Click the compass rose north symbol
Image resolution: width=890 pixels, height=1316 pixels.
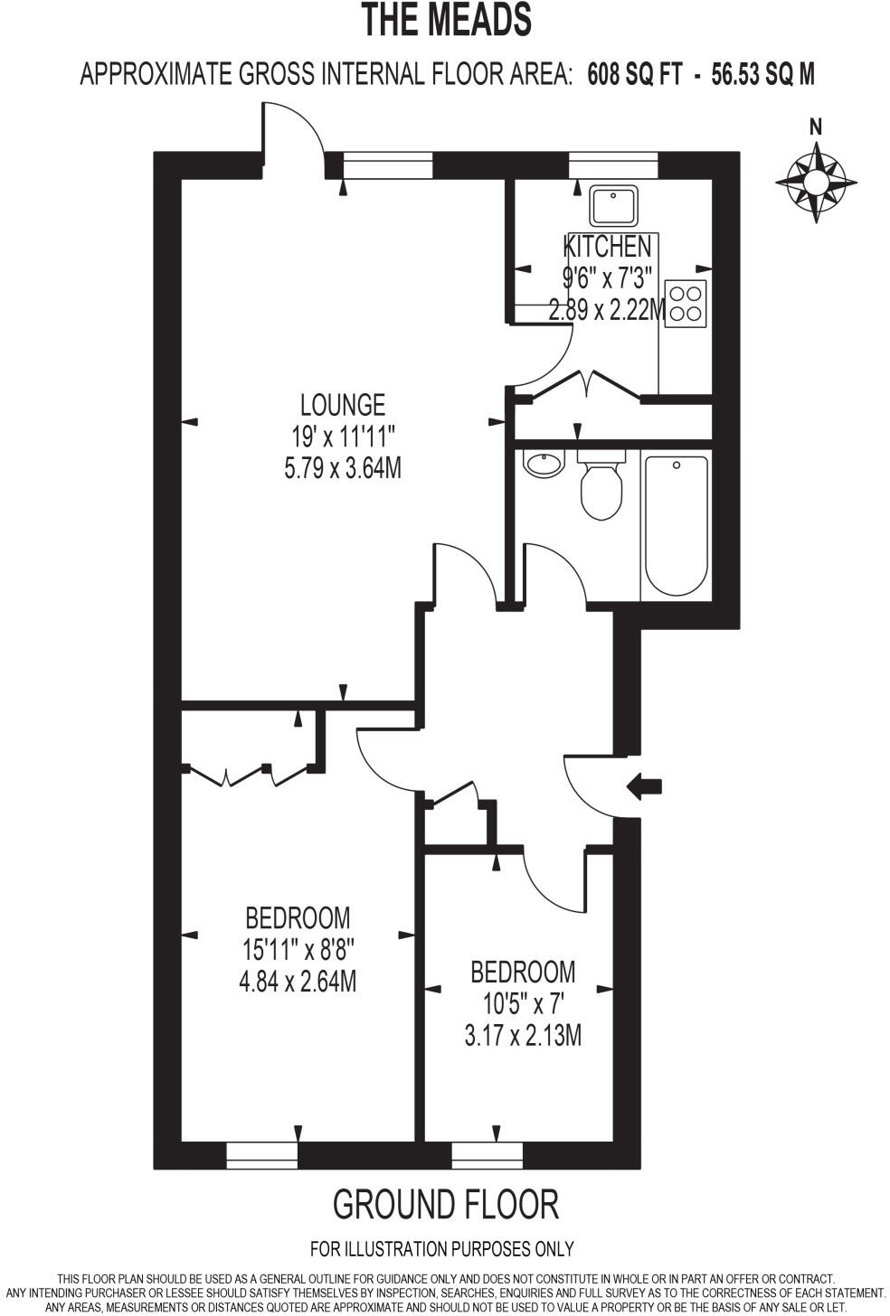[x=816, y=180]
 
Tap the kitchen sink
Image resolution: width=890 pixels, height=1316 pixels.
[x=614, y=206]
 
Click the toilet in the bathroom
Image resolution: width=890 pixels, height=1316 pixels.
[x=601, y=489]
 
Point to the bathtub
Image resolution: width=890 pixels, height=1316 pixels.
[x=676, y=525]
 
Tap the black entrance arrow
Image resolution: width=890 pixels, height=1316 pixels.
[x=644, y=786]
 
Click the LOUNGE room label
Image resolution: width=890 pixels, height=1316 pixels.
[x=343, y=404]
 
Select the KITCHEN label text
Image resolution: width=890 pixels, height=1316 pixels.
[x=607, y=246]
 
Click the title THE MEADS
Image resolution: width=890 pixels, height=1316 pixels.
[x=446, y=20]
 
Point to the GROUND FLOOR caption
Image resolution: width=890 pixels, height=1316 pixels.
[x=446, y=1205]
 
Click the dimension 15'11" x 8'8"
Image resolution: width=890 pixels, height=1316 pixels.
[x=298, y=950]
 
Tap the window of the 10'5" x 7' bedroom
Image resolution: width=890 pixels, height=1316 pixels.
[x=488, y=1154]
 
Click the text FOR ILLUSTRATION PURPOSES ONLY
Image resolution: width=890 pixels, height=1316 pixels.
[x=441, y=1249]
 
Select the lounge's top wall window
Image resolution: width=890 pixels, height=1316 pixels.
[x=388, y=166]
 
